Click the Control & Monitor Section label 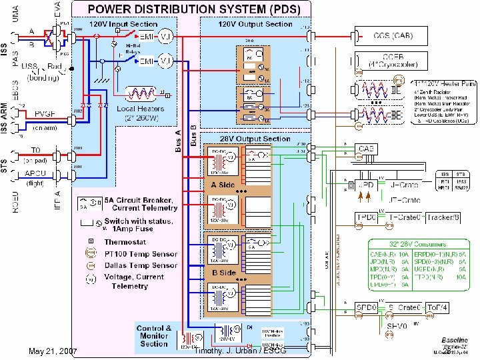point(153,335)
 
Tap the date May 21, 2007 point(53,351)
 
